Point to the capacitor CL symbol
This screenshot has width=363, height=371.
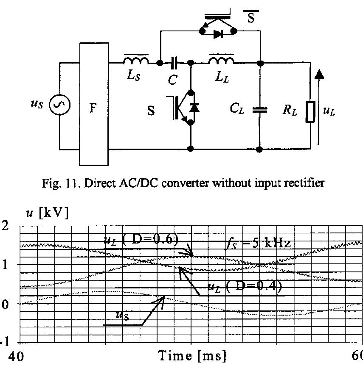coord(260,110)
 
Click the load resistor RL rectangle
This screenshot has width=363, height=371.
coord(311,112)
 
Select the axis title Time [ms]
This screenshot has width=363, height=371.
coord(192,356)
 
